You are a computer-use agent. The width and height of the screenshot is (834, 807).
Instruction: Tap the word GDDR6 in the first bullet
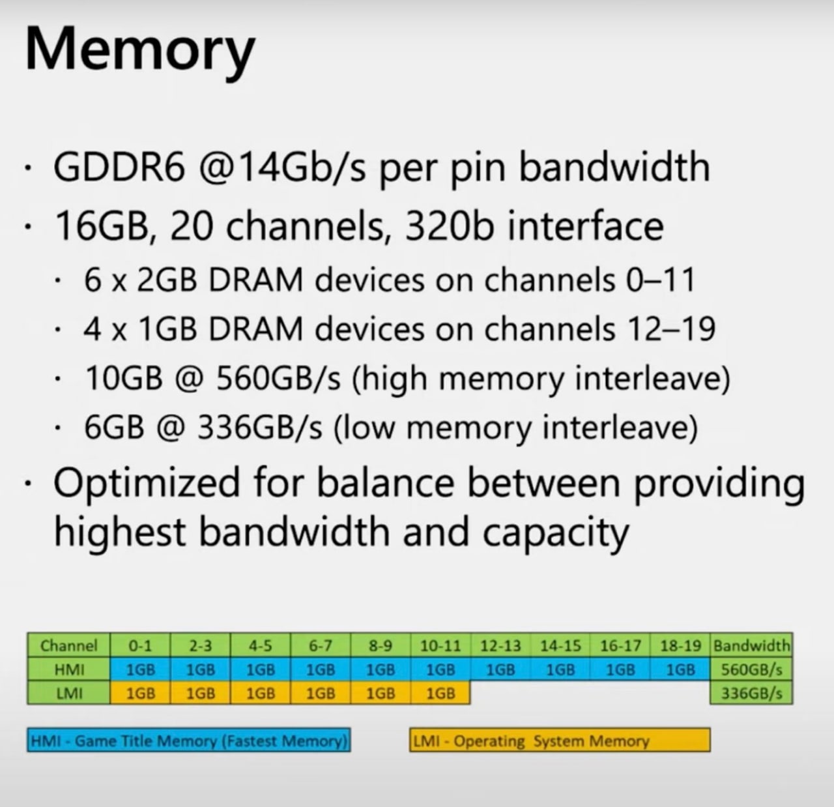tap(120, 168)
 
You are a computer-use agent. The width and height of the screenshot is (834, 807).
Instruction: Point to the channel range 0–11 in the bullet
tap(660, 280)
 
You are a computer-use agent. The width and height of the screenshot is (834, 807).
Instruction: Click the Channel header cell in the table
tap(68, 645)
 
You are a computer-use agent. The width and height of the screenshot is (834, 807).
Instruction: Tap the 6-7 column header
tap(320, 645)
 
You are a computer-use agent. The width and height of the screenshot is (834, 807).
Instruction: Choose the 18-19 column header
tap(680, 645)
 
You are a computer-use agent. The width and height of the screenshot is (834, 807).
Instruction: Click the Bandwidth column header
tap(752, 645)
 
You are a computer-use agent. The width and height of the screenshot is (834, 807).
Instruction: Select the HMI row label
tap(68, 669)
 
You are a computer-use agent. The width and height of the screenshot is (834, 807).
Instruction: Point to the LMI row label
tap(68, 693)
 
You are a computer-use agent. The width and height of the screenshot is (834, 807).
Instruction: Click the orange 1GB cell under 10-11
tap(440, 693)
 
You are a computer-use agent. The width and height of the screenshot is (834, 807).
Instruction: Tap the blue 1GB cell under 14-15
tap(560, 669)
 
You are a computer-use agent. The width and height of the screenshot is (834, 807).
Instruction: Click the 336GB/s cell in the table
tap(752, 693)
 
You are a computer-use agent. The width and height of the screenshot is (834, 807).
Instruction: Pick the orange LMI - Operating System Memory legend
tap(560, 740)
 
